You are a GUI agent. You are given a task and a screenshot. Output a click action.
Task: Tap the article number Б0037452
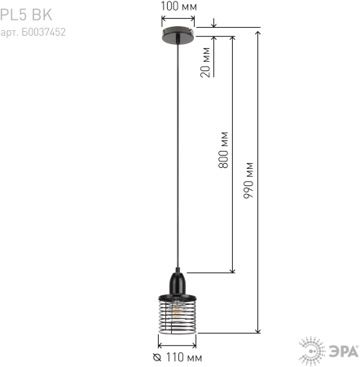(33, 33)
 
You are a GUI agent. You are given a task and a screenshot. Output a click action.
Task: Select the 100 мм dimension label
(177, 7)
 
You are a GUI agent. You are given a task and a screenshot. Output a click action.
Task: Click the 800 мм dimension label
(223, 149)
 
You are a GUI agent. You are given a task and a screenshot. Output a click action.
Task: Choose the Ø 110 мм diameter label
(178, 357)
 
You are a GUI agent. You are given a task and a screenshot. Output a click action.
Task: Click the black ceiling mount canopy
(177, 34)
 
